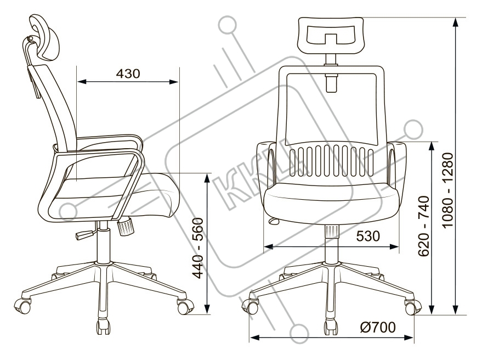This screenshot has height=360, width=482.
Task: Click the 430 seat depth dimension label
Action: click(x=128, y=74)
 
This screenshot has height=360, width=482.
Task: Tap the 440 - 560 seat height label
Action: click(x=200, y=248)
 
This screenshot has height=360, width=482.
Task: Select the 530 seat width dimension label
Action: click(x=368, y=237)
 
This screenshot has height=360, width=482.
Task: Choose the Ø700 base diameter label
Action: click(x=377, y=328)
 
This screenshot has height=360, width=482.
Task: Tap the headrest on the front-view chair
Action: click(x=331, y=32)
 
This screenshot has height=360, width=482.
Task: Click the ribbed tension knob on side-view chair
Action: click(x=126, y=227)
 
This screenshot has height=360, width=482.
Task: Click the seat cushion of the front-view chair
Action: click(x=332, y=203)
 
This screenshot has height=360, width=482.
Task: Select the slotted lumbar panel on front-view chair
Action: click(x=331, y=161)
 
